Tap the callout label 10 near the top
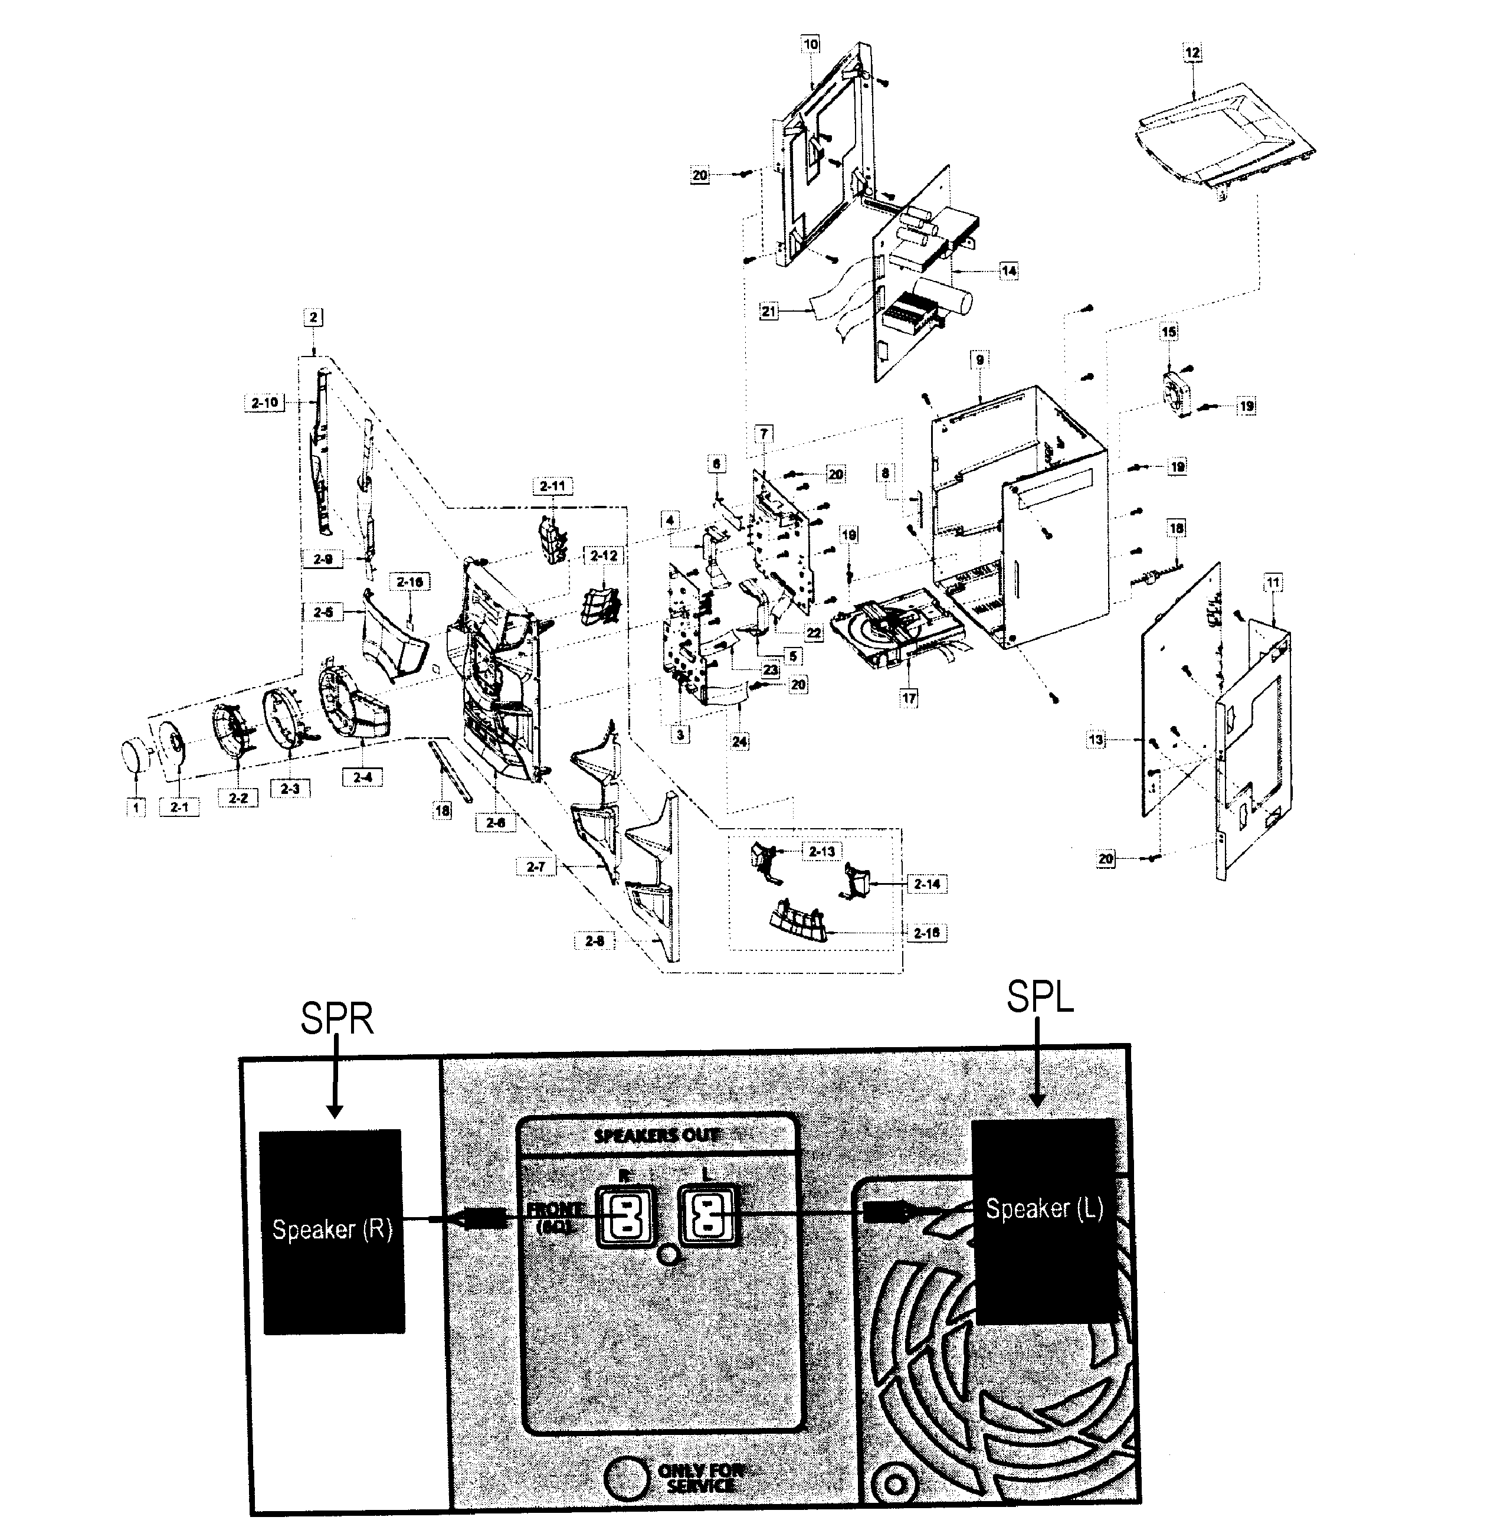pyautogui.click(x=811, y=44)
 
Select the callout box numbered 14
pyautogui.click(x=1009, y=270)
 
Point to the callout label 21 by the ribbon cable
pyautogui.click(x=769, y=312)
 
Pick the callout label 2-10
pyautogui.click(x=264, y=402)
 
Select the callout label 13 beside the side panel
pyautogui.click(x=1096, y=740)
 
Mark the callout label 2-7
pyautogui.click(x=536, y=867)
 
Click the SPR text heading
pyautogui.click(x=336, y=1019)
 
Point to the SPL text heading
pyautogui.click(x=1040, y=998)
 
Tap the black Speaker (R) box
pyautogui.click(x=332, y=1231)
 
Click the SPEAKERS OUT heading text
pyautogui.click(x=657, y=1136)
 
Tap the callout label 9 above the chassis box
pyautogui.click(x=979, y=359)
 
